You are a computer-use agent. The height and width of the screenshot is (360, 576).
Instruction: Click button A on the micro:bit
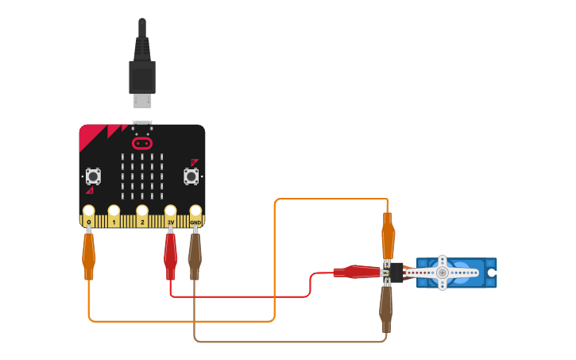coord(93,176)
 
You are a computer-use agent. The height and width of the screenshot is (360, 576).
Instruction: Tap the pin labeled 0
coord(88,212)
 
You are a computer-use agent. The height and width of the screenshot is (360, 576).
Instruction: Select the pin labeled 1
coord(114,212)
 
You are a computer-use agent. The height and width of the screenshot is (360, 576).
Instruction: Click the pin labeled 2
coord(142,212)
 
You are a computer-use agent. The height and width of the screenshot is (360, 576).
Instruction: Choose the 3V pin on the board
coord(170,212)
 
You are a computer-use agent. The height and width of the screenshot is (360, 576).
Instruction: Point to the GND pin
coord(195,212)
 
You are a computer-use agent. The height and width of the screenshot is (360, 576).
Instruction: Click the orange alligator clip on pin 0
coord(88,254)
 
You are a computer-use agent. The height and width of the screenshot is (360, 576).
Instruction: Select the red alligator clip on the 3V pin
coord(170,254)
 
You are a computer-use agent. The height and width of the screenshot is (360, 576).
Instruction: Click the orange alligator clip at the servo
coord(388,236)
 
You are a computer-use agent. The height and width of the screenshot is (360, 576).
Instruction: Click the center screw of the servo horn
coord(443,273)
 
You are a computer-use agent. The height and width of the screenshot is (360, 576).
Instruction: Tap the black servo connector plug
coord(396,273)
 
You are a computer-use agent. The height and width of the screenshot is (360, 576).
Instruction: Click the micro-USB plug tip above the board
coord(142,101)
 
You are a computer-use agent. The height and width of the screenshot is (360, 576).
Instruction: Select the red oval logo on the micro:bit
coord(142,144)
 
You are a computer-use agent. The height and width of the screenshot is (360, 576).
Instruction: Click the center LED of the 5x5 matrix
coord(142,176)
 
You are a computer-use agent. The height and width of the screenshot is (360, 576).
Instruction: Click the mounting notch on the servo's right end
coord(493,273)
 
